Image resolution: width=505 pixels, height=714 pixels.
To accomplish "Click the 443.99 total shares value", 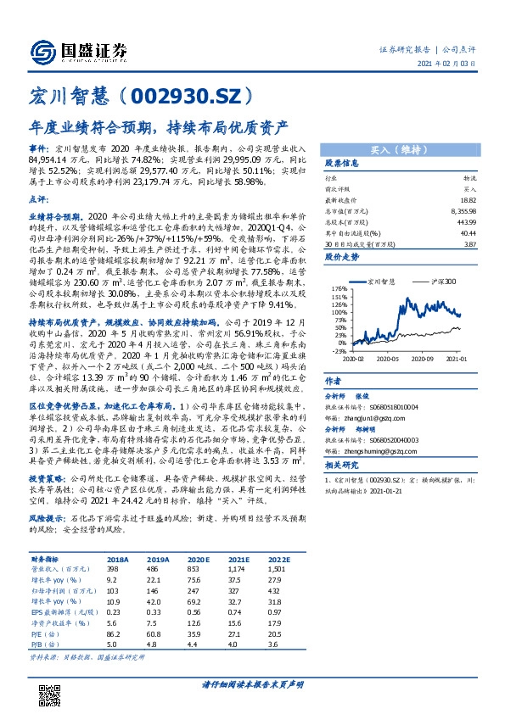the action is point(467,220).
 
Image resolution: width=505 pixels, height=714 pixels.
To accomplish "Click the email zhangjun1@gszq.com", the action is point(383,418).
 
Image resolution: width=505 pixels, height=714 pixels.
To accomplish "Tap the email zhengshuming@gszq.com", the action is point(387,453).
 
